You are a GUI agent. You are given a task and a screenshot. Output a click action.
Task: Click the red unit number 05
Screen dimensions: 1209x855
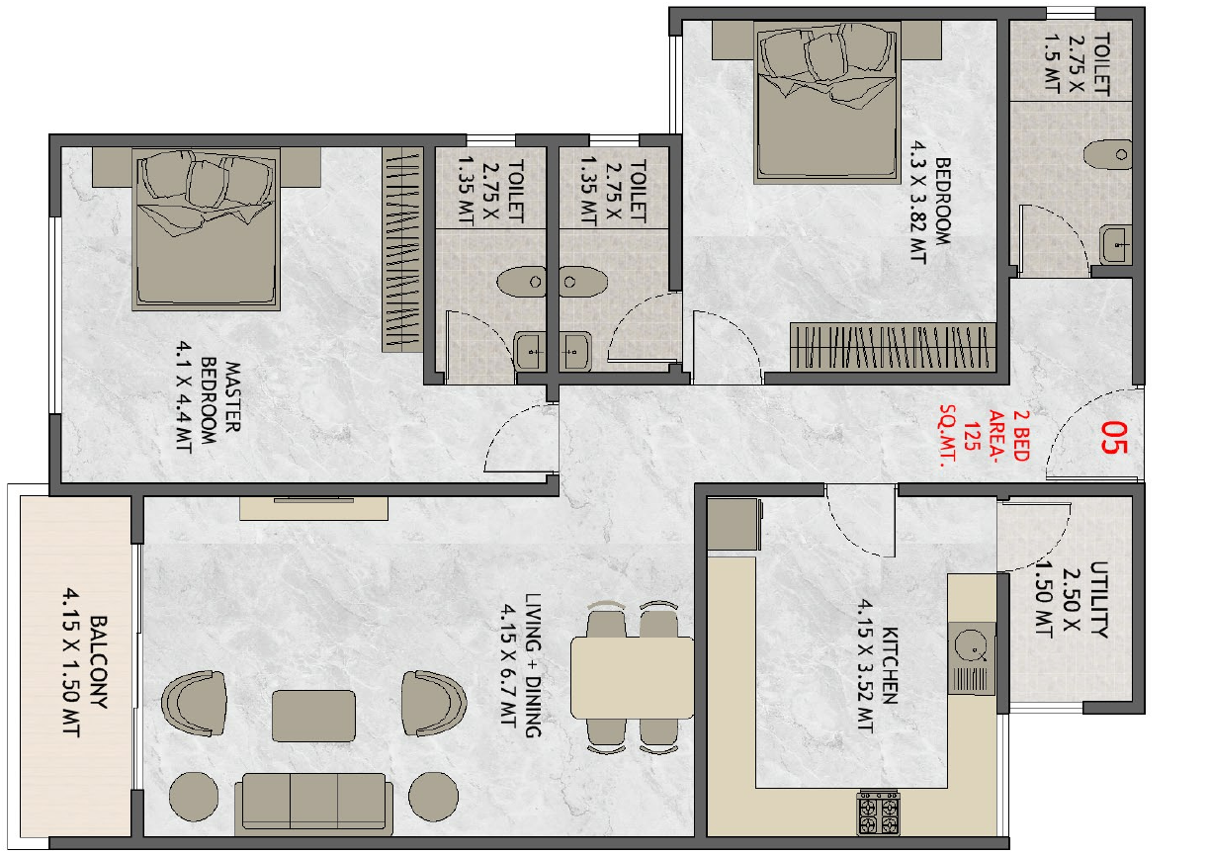(1114, 438)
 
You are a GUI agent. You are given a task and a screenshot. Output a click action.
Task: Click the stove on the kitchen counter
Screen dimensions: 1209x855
(879, 812)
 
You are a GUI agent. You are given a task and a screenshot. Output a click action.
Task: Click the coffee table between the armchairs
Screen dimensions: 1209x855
(313, 716)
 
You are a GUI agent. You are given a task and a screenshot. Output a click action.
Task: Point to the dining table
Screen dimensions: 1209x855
(632, 677)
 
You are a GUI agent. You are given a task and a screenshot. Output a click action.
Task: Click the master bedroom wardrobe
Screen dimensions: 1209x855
(402, 249)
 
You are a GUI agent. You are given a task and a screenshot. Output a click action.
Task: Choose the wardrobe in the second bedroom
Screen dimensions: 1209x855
(893, 347)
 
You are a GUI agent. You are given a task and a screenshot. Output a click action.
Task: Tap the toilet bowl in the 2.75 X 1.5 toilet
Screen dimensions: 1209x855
(1107, 154)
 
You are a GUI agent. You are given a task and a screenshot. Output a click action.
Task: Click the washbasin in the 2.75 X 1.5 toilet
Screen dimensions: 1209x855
(1116, 245)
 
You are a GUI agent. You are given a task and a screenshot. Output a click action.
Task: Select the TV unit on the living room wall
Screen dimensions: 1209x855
(313, 508)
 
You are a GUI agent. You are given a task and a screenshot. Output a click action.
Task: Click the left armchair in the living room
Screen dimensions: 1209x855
(195, 703)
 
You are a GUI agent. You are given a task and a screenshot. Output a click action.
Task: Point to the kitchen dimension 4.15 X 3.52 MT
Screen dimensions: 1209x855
(865, 667)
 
